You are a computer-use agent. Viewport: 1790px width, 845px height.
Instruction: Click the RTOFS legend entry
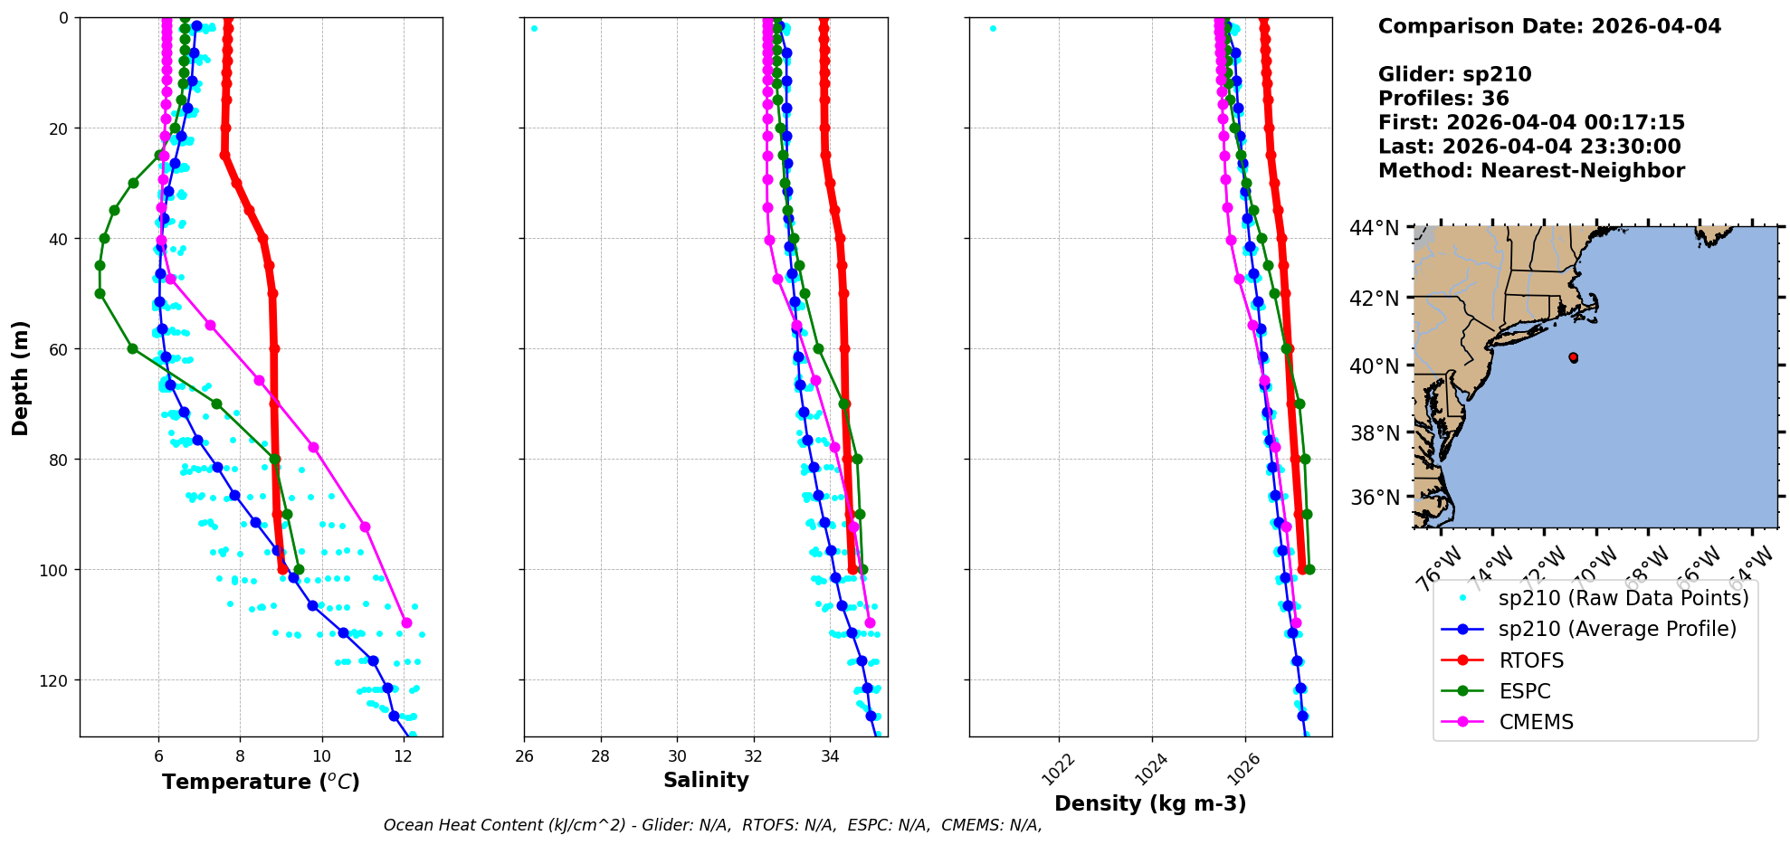[1530, 660]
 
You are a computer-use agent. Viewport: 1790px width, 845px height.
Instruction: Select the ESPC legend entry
[1524, 691]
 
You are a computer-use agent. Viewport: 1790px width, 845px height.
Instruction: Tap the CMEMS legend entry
[1536, 722]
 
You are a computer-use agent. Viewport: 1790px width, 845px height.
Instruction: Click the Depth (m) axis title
[21, 377]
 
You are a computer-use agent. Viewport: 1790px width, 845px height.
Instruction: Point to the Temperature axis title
[261, 782]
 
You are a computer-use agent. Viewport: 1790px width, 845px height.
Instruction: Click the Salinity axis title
[706, 780]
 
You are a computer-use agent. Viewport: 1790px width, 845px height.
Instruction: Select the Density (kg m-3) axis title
[1150, 803]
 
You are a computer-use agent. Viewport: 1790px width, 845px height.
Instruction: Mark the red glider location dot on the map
[1574, 358]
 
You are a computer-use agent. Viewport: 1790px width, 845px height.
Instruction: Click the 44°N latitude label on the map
[1374, 228]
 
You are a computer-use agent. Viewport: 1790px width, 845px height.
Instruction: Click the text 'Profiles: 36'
[1443, 99]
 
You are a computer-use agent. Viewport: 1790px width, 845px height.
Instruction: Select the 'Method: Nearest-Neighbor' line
[1531, 171]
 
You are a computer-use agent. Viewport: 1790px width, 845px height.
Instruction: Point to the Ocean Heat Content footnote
[712, 825]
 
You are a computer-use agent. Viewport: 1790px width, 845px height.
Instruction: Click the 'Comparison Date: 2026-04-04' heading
[1549, 26]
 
